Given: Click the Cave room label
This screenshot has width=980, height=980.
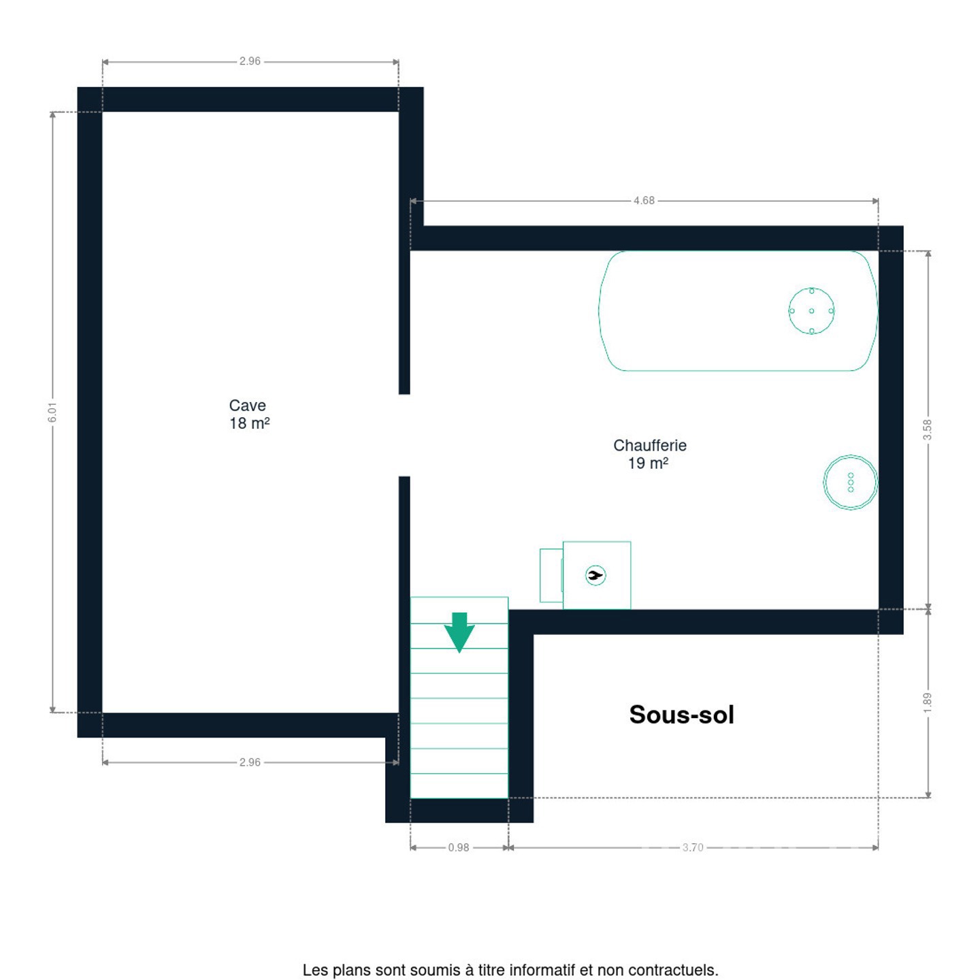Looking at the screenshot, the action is [247, 406].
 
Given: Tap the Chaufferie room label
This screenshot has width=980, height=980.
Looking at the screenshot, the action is [649, 446].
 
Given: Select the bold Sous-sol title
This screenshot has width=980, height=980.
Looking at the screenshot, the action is [681, 715].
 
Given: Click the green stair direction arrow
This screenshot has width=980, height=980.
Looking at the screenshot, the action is [459, 633].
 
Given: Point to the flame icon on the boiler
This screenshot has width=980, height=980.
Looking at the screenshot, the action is [595, 576].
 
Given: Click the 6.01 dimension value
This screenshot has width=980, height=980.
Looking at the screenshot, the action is [52, 412].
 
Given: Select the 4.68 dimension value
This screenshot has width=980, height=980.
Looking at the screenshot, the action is [644, 201].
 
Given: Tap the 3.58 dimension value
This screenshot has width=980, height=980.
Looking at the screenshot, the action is [927, 429].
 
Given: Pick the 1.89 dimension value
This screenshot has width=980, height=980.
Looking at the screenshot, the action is [927, 703].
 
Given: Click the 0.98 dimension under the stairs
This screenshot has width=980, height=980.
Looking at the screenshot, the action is [458, 848].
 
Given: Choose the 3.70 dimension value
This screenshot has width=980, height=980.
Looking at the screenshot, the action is [693, 848].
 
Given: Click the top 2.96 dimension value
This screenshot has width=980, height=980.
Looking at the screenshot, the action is [250, 61].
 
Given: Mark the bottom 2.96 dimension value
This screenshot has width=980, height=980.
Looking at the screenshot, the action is [250, 762].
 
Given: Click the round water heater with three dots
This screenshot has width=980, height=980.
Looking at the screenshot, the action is [850, 482].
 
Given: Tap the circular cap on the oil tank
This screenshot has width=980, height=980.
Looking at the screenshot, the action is [811, 311].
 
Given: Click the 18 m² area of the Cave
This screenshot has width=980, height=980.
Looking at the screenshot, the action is [249, 423].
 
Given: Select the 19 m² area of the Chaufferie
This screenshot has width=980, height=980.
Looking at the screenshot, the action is [648, 463].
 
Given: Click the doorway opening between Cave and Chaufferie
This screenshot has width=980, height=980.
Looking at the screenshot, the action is [404, 436].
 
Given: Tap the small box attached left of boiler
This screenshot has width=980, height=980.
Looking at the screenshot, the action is [551, 576].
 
